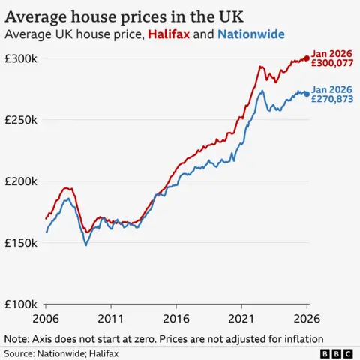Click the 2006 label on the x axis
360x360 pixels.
[x=46, y=318]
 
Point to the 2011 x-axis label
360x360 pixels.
[x=112, y=318]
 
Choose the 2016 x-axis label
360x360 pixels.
[x=177, y=318]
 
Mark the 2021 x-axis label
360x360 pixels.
[x=241, y=318]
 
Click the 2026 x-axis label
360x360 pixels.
[x=307, y=318]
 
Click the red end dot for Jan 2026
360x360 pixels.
[x=307, y=58]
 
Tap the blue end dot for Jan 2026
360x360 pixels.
[x=307, y=94]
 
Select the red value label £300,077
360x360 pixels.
[x=332, y=64]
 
